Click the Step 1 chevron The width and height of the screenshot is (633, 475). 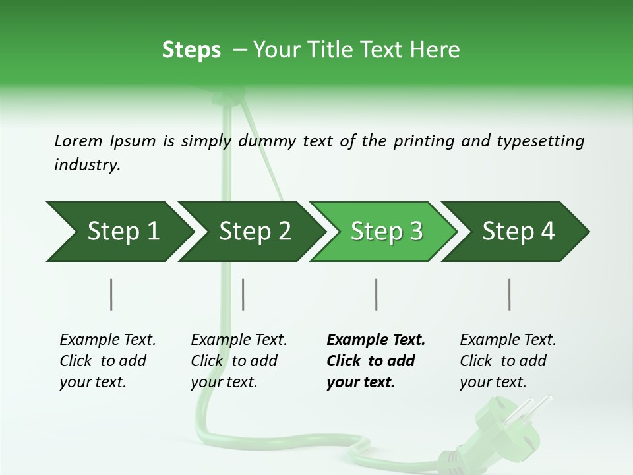[119, 232]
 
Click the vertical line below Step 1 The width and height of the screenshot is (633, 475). [111, 294]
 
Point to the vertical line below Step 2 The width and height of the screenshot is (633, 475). [243, 294]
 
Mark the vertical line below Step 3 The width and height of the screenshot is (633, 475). [376, 294]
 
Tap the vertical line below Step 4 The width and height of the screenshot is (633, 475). [509, 294]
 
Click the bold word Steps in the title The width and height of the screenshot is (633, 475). [191, 49]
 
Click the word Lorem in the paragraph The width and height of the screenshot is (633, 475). [78, 141]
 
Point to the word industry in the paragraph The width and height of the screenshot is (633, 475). [87, 165]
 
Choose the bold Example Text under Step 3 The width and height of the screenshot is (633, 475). [376, 340]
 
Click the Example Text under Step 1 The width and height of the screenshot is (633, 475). [107, 340]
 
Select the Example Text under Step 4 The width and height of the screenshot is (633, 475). [508, 340]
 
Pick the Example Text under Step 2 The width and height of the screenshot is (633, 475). [239, 340]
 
